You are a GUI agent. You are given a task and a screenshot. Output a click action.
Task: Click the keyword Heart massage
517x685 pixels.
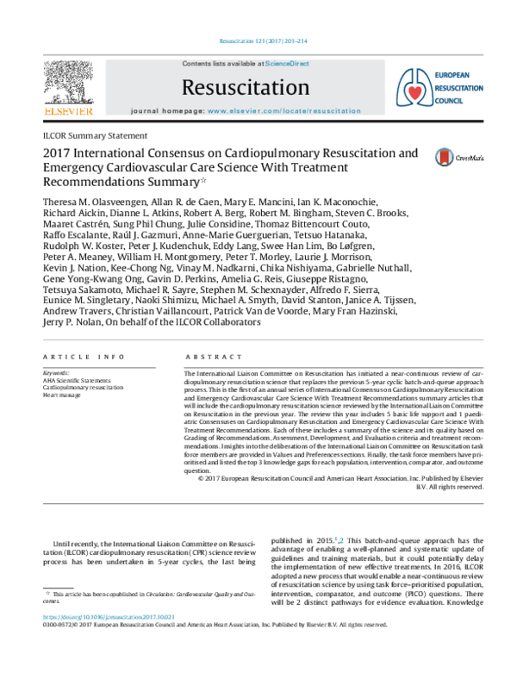[x=62, y=396]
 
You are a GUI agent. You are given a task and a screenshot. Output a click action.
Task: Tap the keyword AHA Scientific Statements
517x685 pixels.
[x=77, y=381]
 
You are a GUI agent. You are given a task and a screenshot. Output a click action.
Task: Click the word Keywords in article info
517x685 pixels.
[x=57, y=373]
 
